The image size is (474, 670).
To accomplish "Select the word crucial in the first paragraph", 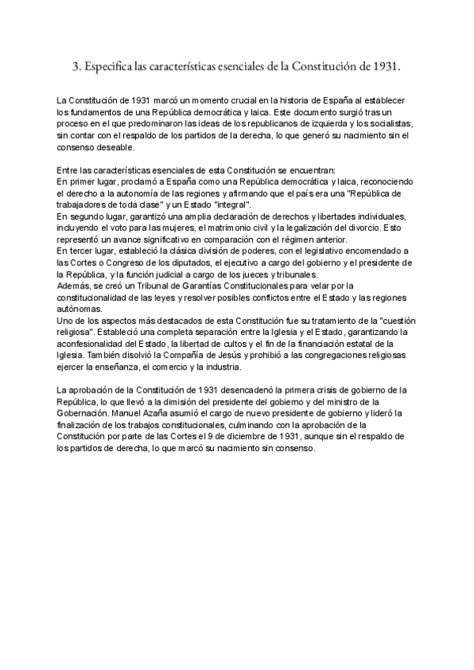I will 235,102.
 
